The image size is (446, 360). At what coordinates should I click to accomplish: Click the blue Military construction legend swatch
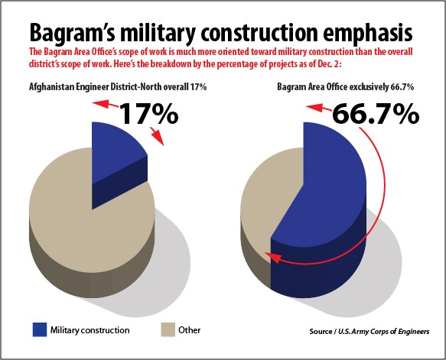coord(40,330)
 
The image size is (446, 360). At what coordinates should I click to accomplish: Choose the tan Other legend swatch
coord(168,330)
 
